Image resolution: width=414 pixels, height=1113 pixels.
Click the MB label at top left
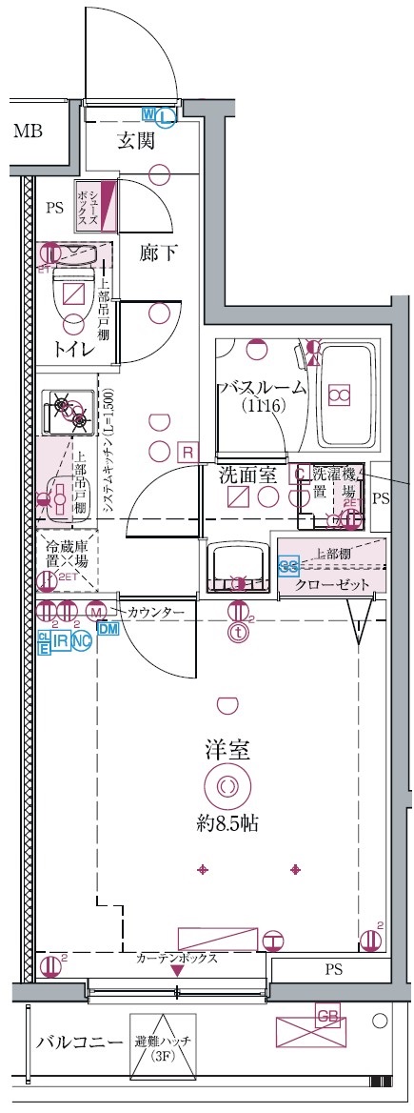27,132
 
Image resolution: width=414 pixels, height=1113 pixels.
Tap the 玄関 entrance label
136,142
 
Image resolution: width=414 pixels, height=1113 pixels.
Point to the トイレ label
73,350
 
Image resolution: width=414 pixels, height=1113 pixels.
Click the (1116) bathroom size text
263,407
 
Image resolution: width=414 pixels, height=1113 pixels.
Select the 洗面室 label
246,472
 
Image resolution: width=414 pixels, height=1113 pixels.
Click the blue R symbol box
188,450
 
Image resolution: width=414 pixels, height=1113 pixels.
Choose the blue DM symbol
108,628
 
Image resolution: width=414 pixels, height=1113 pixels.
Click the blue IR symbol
60,641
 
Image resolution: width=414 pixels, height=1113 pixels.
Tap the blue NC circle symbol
81,641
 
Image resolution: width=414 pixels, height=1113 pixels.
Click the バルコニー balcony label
66,1042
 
